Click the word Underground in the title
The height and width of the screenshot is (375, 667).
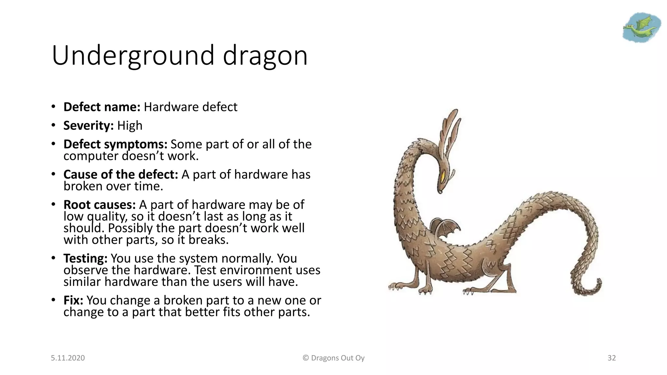[x=133, y=56]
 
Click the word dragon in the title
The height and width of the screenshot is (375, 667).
[x=265, y=56]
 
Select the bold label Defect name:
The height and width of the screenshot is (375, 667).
[x=102, y=107]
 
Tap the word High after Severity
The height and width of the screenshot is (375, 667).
[x=130, y=126]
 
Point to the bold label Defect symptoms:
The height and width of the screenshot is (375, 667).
[x=115, y=144]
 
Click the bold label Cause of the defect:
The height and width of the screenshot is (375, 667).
[x=121, y=174]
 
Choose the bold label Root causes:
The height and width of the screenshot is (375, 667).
[x=99, y=205]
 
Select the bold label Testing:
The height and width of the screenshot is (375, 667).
[x=85, y=258]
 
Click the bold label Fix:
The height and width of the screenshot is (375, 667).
[x=73, y=300]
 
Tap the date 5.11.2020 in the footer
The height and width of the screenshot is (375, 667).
[x=68, y=358]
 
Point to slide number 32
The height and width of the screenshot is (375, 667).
[x=612, y=358]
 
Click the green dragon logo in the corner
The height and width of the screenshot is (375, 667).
[x=641, y=28]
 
